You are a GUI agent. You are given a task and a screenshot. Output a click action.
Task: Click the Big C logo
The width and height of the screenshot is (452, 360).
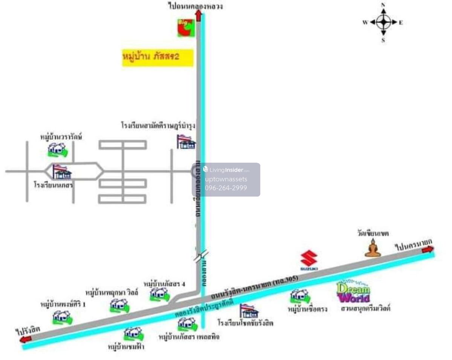[x=186, y=28]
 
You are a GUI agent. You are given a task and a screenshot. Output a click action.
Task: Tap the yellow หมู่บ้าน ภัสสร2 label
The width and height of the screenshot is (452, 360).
[x=157, y=58]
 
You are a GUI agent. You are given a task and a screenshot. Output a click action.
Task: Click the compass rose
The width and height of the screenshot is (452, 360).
[x=383, y=22]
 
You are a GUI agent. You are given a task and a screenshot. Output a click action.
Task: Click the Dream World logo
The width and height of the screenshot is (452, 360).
[x=353, y=293]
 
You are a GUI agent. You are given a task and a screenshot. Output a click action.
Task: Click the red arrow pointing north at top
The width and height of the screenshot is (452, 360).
[x=199, y=16]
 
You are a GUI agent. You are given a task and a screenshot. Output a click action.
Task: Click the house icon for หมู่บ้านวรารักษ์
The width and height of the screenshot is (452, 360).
[x=58, y=150]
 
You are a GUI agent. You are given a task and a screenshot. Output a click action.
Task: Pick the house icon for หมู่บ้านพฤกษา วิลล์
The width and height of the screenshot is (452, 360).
[x=119, y=305]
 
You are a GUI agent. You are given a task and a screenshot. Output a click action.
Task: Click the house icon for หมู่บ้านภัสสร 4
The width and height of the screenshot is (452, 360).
[x=160, y=294]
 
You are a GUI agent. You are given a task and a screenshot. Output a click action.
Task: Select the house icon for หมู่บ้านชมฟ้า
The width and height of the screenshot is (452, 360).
[x=133, y=334]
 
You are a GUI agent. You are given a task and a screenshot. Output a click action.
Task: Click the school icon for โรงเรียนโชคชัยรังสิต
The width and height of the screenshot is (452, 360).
[x=249, y=311]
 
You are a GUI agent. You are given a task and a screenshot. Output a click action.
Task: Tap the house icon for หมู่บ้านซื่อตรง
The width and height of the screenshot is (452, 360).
[x=299, y=296]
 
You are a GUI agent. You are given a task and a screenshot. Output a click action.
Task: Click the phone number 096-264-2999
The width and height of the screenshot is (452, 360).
[x=226, y=188]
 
